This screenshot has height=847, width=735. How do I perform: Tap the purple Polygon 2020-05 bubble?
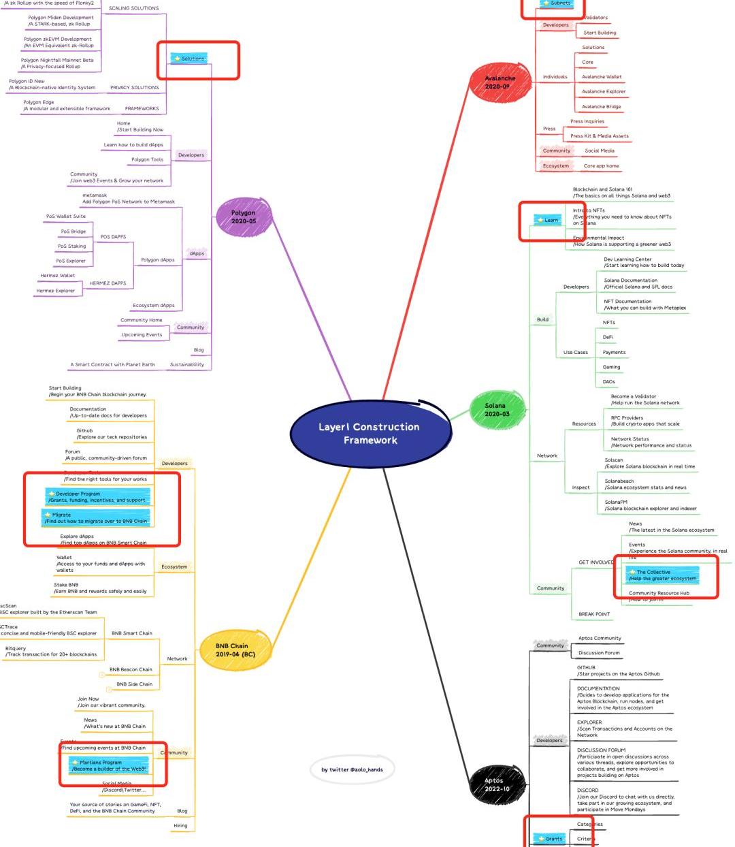click(244, 217)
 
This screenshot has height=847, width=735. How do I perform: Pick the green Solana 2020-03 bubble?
click(496, 410)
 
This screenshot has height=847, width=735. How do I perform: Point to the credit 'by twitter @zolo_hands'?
click(352, 769)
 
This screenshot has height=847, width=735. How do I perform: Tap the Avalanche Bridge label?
click(601, 107)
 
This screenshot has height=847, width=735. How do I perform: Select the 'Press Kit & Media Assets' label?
click(599, 136)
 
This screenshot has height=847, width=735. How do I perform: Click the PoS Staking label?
click(72, 246)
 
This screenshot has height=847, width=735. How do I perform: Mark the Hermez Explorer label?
click(56, 291)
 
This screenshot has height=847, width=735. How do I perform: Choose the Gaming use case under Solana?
click(611, 367)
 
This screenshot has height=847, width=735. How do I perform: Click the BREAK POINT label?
click(594, 614)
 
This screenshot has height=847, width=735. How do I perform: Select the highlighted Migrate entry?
click(96, 518)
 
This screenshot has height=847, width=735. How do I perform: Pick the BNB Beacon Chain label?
click(131, 669)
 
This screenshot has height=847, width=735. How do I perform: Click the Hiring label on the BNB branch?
click(180, 825)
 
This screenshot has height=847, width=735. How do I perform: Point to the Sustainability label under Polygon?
click(187, 365)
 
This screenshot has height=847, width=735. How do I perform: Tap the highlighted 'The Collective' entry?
click(661, 575)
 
